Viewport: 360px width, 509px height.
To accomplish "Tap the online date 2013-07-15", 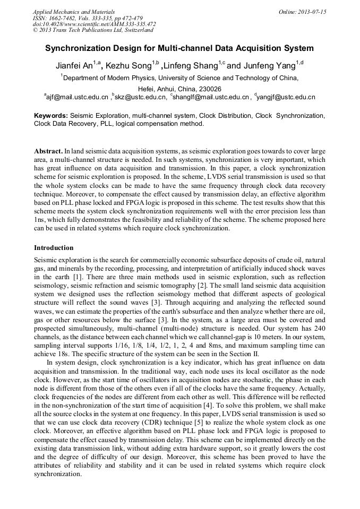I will tap(312, 12).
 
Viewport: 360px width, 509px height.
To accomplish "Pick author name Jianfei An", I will tap(74, 66).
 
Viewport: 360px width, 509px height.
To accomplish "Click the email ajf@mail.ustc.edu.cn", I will tap(77, 97).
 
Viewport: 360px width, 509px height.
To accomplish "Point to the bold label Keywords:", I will tap(51, 116).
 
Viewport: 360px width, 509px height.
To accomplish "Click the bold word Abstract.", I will tap(48, 151).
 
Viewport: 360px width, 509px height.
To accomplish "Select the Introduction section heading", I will tap(54, 248).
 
